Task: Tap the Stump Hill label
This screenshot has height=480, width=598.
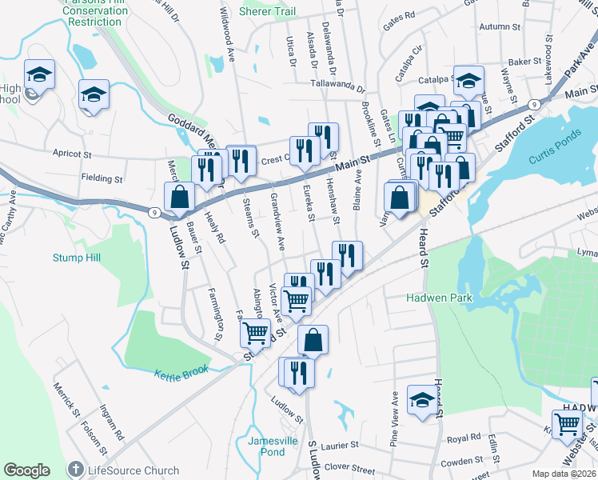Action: tap(77, 258)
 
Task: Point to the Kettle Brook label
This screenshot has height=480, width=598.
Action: tap(181, 371)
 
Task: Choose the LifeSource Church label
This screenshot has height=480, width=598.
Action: tap(123, 470)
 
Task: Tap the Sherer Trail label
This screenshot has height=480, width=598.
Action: tap(269, 12)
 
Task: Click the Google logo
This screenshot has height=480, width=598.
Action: tap(26, 470)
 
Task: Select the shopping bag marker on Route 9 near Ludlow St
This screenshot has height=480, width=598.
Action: tap(180, 197)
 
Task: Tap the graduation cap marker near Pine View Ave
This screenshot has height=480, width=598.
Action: tap(421, 400)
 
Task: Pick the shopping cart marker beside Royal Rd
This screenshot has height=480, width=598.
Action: tap(567, 425)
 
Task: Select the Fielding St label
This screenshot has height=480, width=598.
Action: tap(102, 178)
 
